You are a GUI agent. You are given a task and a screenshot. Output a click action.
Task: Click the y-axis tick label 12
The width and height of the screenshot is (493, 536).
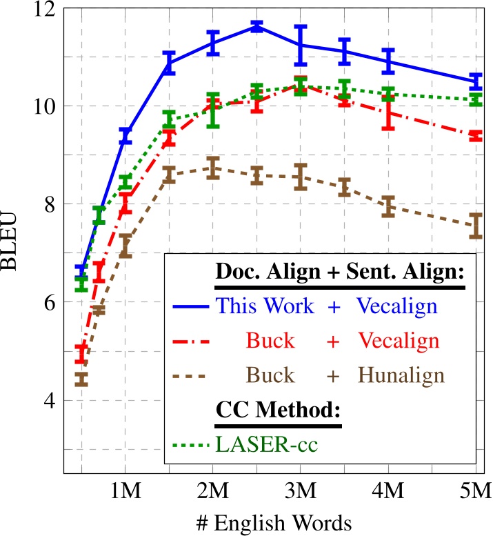tap(46, 9)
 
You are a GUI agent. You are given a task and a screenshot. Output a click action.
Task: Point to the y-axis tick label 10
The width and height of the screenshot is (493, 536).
tap(46, 106)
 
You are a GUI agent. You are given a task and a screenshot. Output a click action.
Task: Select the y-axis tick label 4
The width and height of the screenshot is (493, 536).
tap(51, 400)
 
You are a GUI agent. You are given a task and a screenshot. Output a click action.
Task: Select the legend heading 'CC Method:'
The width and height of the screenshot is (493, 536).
tap(279, 408)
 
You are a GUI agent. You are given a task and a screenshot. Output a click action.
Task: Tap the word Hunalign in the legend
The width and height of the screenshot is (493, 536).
tap(401, 375)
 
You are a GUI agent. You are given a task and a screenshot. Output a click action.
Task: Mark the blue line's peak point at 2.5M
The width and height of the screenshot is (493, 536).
tap(256, 27)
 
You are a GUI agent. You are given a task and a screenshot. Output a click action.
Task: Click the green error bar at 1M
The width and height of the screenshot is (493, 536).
tap(125, 182)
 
